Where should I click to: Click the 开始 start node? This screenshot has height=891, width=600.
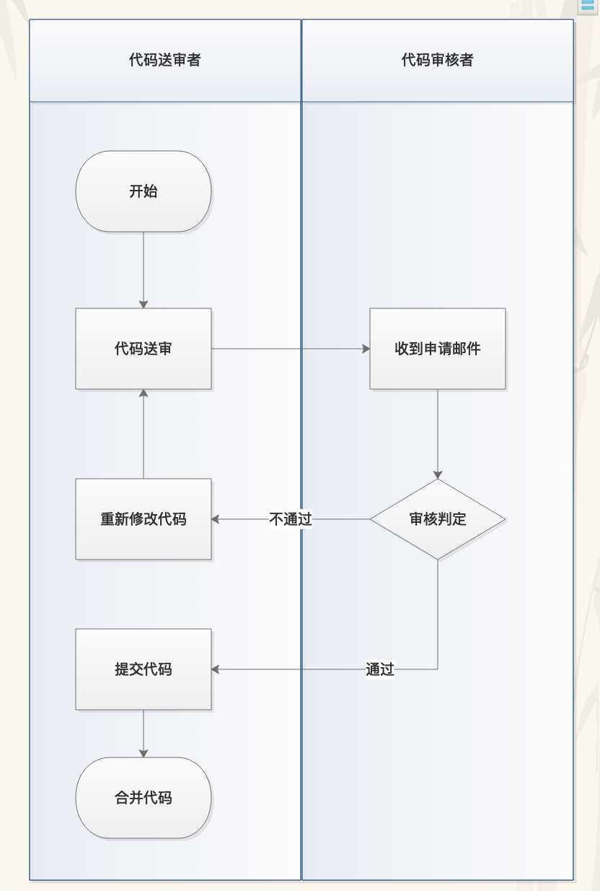point(144,191)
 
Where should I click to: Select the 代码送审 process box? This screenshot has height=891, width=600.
point(144,349)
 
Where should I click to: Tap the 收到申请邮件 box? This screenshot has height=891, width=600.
point(438,349)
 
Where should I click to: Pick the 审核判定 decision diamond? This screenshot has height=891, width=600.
point(438,519)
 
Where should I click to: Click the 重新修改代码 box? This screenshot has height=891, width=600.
point(144,519)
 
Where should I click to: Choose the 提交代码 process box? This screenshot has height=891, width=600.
point(144,669)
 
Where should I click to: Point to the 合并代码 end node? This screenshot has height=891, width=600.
point(144,798)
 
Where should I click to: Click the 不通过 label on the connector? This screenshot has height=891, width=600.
point(291,519)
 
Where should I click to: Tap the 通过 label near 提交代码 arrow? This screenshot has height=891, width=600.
point(380,669)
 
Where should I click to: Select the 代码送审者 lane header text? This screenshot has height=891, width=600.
point(165,60)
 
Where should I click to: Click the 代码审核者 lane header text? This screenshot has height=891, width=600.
point(438,60)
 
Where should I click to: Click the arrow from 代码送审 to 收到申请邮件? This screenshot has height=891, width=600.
point(288,349)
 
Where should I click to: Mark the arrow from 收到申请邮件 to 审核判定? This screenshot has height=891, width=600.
point(438,433)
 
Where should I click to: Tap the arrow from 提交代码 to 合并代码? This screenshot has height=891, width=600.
point(144,732)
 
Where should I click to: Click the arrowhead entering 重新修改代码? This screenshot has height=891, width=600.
point(216,519)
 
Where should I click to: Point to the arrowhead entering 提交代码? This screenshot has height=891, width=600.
point(216,669)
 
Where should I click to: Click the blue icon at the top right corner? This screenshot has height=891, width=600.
point(588,6)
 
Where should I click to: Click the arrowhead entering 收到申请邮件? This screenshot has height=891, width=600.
point(366,349)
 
